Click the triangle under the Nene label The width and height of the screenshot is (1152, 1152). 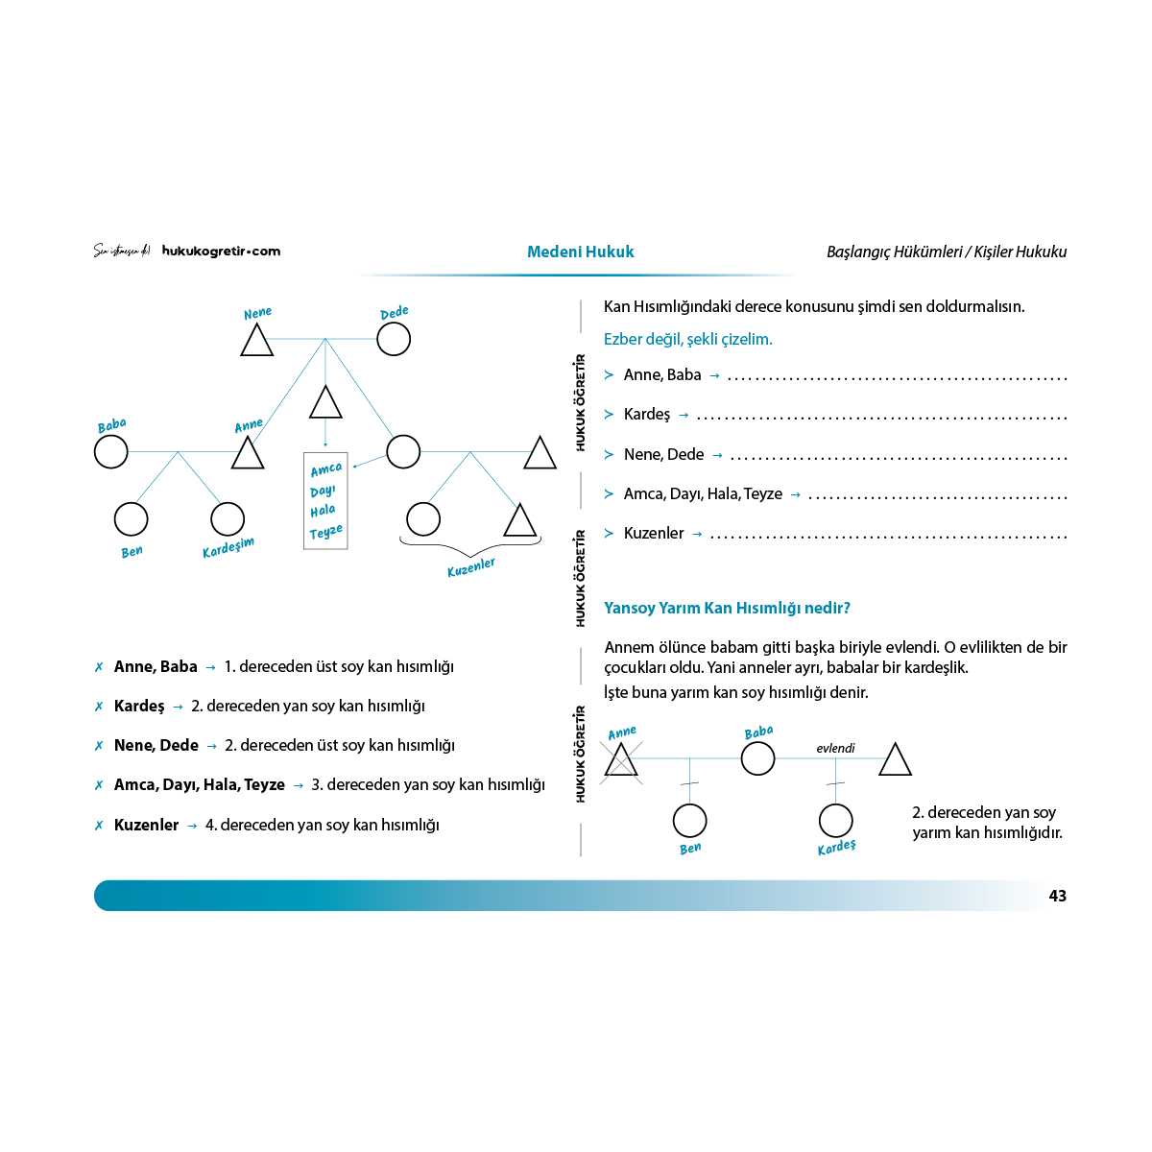(256, 342)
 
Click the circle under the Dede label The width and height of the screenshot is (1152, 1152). (394, 339)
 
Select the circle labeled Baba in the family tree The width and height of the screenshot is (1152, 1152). (111, 451)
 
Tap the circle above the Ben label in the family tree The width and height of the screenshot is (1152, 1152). (132, 519)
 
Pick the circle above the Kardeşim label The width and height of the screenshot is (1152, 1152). (228, 519)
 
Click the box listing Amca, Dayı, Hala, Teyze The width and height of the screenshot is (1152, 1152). (325, 500)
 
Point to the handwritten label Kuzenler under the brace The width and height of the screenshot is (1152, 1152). (471, 566)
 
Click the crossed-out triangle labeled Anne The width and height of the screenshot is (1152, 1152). (622, 760)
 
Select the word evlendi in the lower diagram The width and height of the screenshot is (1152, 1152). (835, 748)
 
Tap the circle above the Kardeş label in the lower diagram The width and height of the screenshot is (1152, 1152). (835, 821)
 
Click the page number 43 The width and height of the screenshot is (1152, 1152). (1057, 896)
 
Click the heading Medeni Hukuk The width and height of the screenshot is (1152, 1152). (580, 252)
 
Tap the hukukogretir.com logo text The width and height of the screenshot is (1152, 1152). (221, 252)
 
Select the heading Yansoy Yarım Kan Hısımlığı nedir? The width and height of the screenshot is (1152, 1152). (727, 608)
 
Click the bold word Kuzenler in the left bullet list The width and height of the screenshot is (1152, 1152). (146, 825)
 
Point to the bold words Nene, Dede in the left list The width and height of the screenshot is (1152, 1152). (156, 745)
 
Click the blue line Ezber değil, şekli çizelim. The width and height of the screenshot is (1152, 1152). (687, 339)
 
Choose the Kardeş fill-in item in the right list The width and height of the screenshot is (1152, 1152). (647, 415)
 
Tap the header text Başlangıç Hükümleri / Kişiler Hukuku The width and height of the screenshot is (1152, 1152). (946, 252)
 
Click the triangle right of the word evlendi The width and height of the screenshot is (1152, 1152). (895, 760)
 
